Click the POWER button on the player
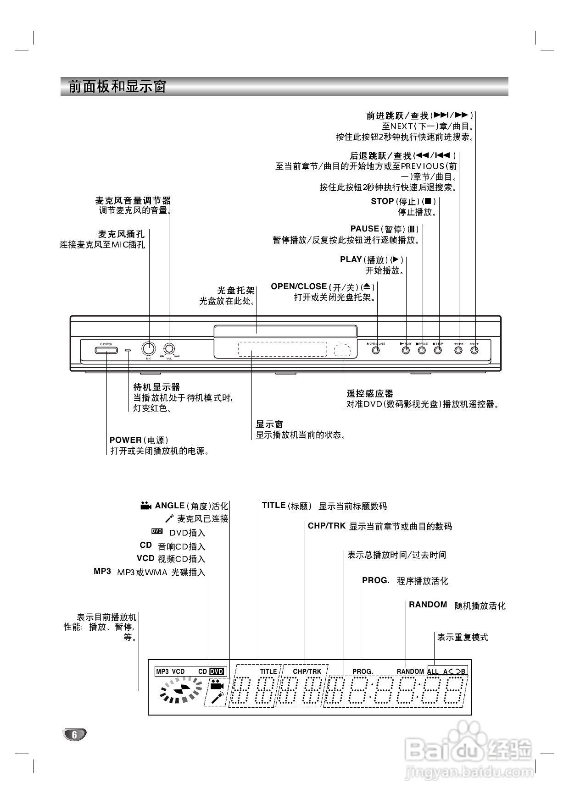106,350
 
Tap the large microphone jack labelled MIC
148,349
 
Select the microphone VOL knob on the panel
169,349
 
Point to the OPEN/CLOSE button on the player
376,350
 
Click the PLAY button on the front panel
406,350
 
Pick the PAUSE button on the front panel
422,350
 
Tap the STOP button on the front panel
438,350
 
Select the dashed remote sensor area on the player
342,350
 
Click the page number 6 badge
74,734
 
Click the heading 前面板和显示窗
117,87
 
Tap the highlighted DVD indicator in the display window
217,672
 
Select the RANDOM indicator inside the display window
410,672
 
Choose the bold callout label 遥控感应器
370,393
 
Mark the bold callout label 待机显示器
156,387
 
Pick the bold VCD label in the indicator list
145,558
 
